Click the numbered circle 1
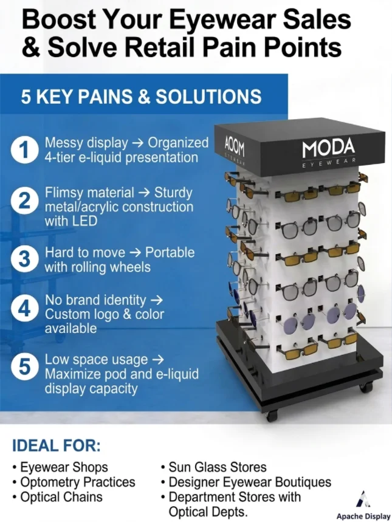click(23, 150)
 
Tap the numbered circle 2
click(23, 201)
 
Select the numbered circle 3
click(23, 259)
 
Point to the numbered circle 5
click(23, 366)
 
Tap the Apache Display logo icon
click(363, 500)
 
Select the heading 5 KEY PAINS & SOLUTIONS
click(141, 97)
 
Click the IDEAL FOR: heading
click(57, 445)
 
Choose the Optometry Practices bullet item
click(74, 482)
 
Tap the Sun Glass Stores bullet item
click(214, 467)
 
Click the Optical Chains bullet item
click(57, 496)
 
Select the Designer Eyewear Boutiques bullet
click(246, 482)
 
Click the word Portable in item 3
click(170, 252)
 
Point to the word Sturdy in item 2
click(173, 193)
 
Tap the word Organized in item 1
click(178, 143)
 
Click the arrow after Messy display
click(137, 143)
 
